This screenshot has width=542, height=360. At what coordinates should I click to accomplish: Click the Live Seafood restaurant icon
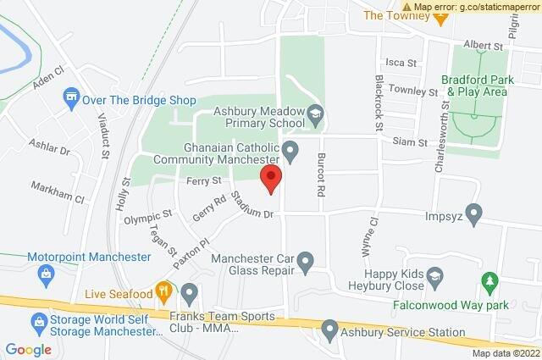click(164, 293)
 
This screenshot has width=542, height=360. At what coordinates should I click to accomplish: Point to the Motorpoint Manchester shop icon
click(46, 274)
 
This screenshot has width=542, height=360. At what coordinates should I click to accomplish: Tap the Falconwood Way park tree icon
click(489, 280)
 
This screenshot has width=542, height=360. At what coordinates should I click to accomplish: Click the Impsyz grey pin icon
click(473, 212)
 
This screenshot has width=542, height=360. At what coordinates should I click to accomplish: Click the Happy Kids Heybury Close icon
click(434, 276)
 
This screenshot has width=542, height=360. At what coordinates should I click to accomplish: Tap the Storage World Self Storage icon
click(37, 322)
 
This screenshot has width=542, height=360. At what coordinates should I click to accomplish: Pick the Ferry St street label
click(203, 181)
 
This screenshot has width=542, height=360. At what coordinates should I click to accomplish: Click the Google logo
click(29, 349)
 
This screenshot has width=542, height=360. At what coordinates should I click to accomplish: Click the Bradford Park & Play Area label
click(479, 84)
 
